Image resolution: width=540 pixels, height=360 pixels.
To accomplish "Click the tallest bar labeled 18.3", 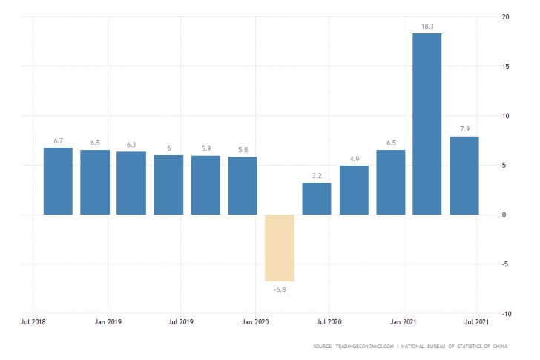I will (427, 124).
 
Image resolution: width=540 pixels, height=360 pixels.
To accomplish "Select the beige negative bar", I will (280, 248).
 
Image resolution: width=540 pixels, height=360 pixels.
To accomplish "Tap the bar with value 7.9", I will (464, 175).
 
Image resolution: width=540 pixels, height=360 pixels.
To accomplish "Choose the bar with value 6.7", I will (58, 181).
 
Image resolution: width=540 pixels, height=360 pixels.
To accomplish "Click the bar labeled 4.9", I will (354, 190).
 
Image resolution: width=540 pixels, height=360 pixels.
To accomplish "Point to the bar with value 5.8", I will (243, 186).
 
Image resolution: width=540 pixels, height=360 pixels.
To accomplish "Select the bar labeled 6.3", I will (132, 183).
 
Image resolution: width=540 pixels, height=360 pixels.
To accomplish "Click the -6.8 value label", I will (280, 289).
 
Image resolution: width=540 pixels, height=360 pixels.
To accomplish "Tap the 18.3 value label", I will (427, 26).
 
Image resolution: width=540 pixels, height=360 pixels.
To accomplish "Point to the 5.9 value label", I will (205, 148).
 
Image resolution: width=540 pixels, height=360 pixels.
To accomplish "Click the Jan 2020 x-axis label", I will (256, 323).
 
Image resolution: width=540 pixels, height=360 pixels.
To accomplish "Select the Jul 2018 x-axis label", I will (34, 323).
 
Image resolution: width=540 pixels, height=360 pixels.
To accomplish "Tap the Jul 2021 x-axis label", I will (477, 323).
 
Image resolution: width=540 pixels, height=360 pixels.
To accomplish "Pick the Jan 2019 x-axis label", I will (108, 323).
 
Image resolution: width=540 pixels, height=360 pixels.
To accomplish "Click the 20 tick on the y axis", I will (504, 17).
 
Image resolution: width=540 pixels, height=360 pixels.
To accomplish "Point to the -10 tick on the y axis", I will (504, 313).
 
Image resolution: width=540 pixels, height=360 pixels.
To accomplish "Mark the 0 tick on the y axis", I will (504, 215).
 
